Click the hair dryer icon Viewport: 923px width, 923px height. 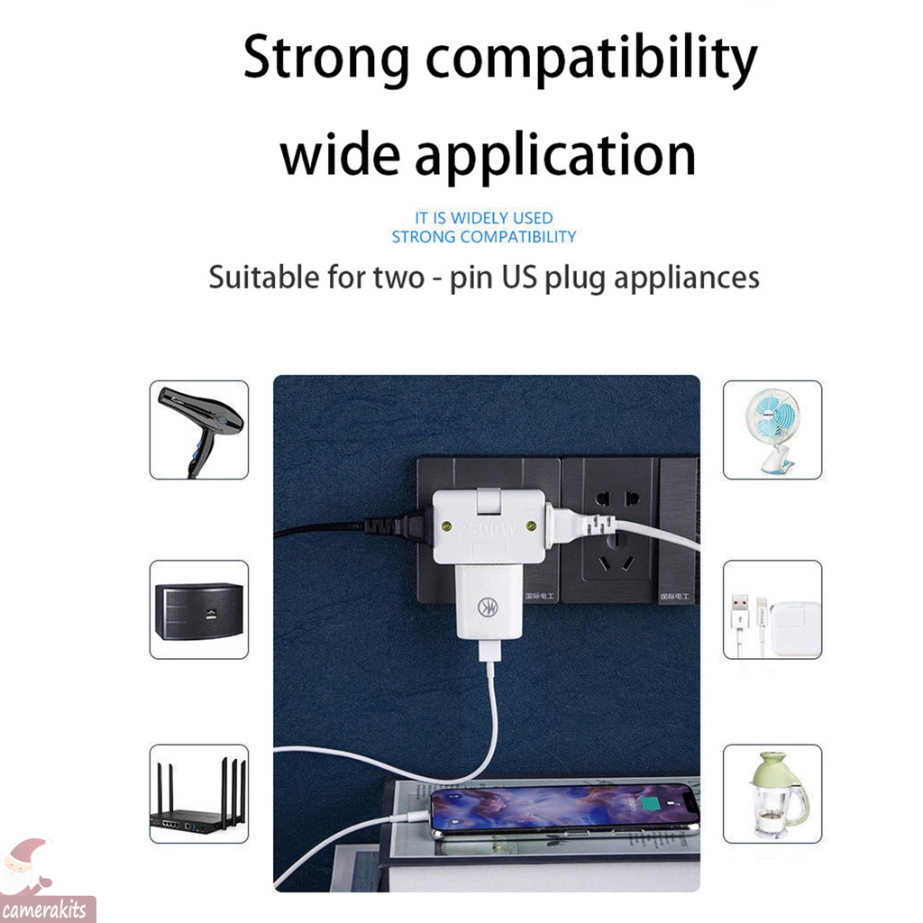pyautogui.click(x=199, y=429)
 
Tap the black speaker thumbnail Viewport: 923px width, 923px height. pyautogui.click(x=198, y=610)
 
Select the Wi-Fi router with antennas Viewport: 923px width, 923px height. pyautogui.click(x=198, y=794)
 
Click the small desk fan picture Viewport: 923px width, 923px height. pyautogui.click(x=772, y=429)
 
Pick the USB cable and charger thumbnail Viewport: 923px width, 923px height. pyautogui.click(x=772, y=610)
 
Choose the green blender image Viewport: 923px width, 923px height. pyautogui.click(x=772, y=794)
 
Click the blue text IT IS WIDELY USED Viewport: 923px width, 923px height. pyautogui.click(x=484, y=217)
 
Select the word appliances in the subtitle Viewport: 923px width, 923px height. pyautogui.click(x=686, y=277)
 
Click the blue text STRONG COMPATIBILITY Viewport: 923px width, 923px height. pyautogui.click(x=484, y=237)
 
